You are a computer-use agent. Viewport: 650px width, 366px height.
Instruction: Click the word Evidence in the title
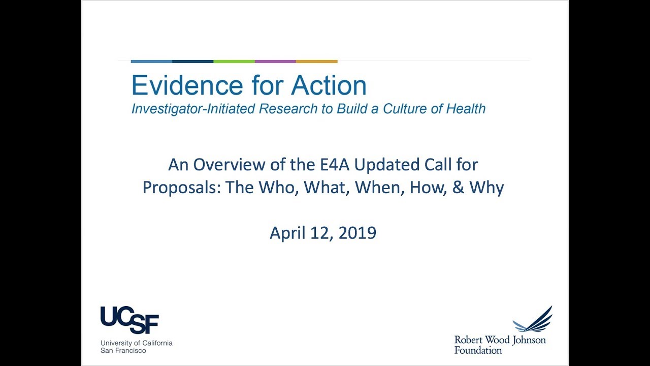(182, 85)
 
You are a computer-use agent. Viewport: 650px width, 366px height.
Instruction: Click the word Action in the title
(329, 85)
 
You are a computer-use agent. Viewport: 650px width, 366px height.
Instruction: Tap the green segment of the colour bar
(234, 62)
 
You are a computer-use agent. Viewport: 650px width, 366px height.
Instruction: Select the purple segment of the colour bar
(275, 62)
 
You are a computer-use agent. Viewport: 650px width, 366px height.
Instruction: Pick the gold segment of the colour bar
(316, 62)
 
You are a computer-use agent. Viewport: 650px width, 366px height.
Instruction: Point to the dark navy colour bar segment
(193, 62)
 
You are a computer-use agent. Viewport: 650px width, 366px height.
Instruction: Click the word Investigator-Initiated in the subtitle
(193, 109)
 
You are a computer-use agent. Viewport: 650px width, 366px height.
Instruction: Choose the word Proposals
(182, 188)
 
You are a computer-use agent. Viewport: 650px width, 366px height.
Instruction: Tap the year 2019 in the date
(357, 233)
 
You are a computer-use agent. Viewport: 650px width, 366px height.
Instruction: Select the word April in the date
(287, 234)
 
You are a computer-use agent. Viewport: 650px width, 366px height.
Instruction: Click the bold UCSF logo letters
(129, 320)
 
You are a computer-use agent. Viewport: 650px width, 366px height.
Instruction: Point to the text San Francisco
(123, 351)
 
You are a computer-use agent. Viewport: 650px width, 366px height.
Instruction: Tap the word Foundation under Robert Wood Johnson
(478, 350)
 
